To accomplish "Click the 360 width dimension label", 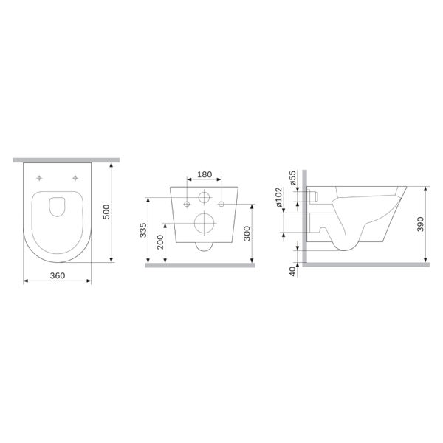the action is [x=58, y=275].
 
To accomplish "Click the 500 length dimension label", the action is [x=106, y=212].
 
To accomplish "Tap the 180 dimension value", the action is [x=205, y=174].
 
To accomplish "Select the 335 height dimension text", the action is [x=143, y=230].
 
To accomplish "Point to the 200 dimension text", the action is [x=160, y=242].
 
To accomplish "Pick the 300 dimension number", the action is [x=247, y=233].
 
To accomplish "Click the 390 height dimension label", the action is [x=421, y=224].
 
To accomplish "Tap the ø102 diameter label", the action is [x=278, y=196].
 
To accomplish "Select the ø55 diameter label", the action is [x=293, y=178].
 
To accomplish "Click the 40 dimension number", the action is [x=292, y=272].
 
